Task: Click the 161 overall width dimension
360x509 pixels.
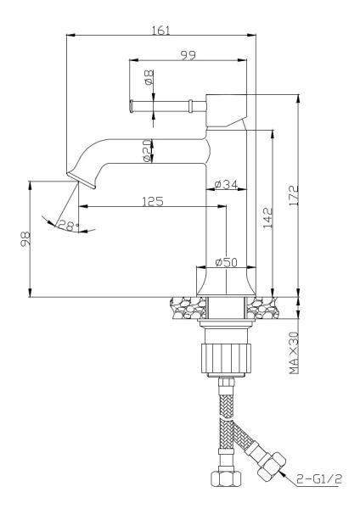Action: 160,31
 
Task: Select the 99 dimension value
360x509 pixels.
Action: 188,55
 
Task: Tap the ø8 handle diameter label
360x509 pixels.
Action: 149,77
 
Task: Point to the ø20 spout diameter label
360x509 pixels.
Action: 147,151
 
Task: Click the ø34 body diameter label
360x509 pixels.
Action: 226,185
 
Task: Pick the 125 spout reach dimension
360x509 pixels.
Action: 153,201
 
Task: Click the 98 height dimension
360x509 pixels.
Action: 25,239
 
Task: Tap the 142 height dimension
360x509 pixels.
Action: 268,218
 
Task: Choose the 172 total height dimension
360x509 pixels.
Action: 294,195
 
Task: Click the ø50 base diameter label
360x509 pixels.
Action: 226,262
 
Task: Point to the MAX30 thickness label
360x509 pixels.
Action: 294,353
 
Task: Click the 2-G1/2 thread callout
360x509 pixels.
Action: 319,478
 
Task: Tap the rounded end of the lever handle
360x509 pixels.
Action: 132,106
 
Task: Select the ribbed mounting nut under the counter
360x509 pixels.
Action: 227,359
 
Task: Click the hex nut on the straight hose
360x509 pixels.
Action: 226,478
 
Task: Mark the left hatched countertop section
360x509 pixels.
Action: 188,308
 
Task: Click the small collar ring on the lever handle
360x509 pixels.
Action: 190,106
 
